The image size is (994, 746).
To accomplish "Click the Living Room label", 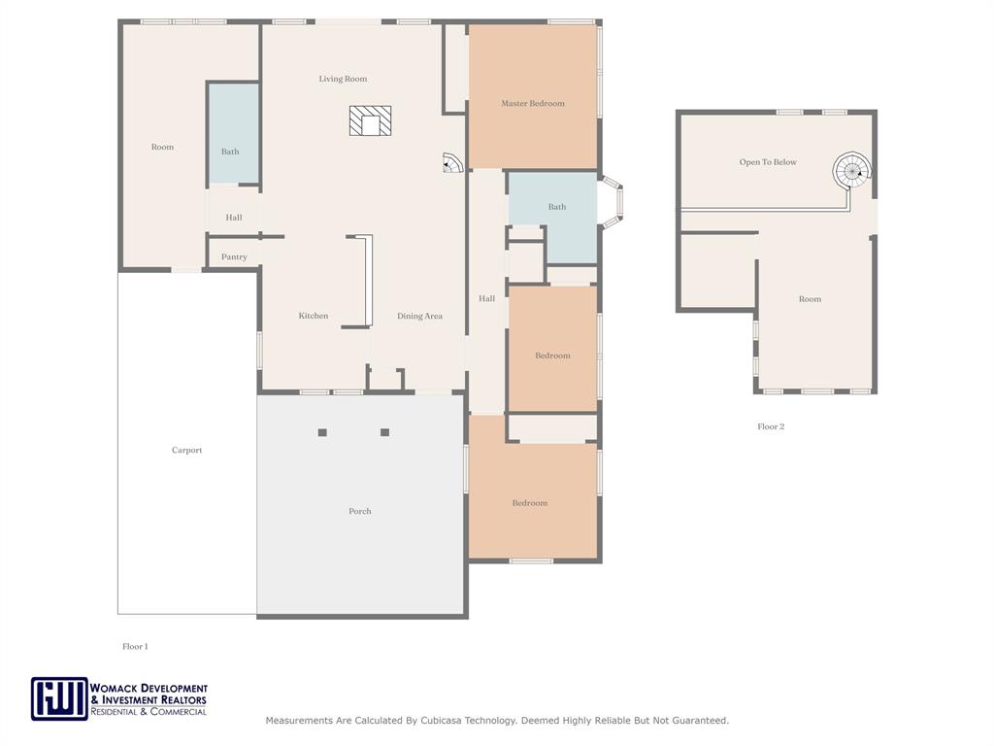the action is pyautogui.click(x=343, y=79).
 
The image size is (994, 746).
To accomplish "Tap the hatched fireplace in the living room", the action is pyautogui.click(x=370, y=120).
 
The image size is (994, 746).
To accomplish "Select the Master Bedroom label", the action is pyautogui.click(x=533, y=103).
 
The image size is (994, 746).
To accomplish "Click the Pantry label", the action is pyautogui.click(x=234, y=256).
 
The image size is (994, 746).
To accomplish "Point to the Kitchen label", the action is pyautogui.click(x=314, y=316).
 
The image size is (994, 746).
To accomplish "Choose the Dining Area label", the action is pyautogui.click(x=419, y=316).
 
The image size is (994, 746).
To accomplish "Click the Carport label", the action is pyautogui.click(x=187, y=450).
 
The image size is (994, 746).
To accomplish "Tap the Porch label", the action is pyautogui.click(x=360, y=511).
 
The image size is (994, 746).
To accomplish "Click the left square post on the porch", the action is pyautogui.click(x=322, y=432).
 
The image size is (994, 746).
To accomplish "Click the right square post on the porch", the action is pyautogui.click(x=384, y=432).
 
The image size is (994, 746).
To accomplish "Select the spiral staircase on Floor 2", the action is pyautogui.click(x=852, y=170).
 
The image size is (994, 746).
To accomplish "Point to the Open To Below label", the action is pyautogui.click(x=768, y=162).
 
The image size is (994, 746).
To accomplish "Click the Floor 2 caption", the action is pyautogui.click(x=771, y=426).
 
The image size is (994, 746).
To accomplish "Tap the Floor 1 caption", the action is pyautogui.click(x=135, y=646).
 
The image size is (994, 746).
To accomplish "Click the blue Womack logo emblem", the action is pyautogui.click(x=59, y=699).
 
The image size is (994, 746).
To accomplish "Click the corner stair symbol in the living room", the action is pyautogui.click(x=452, y=162).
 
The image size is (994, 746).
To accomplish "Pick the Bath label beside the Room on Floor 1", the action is pyautogui.click(x=230, y=152).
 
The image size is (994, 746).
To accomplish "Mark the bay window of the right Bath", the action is pyautogui.click(x=611, y=202).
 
